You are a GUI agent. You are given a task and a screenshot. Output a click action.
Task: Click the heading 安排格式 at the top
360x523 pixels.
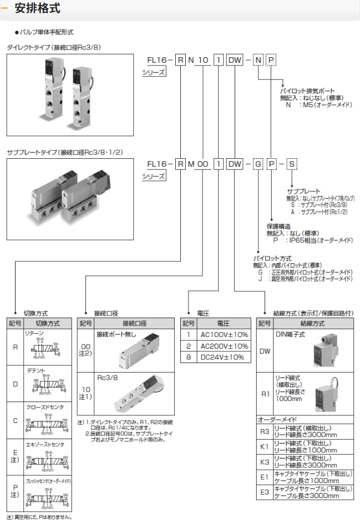[38, 9]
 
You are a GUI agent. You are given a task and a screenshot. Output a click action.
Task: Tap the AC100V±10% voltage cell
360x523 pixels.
[224, 335]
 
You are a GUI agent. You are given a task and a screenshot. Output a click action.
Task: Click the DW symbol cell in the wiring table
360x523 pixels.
[265, 351]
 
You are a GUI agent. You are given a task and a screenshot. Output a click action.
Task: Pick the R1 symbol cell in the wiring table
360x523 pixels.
[265, 394]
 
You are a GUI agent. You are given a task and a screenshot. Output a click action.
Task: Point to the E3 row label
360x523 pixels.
[265, 492]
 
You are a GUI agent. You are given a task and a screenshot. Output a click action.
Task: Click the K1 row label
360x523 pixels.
[265, 446]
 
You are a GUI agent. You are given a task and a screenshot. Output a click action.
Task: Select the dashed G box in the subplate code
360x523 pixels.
[258, 164]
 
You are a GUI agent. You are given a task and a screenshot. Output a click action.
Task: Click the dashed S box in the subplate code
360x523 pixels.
[291, 164]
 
